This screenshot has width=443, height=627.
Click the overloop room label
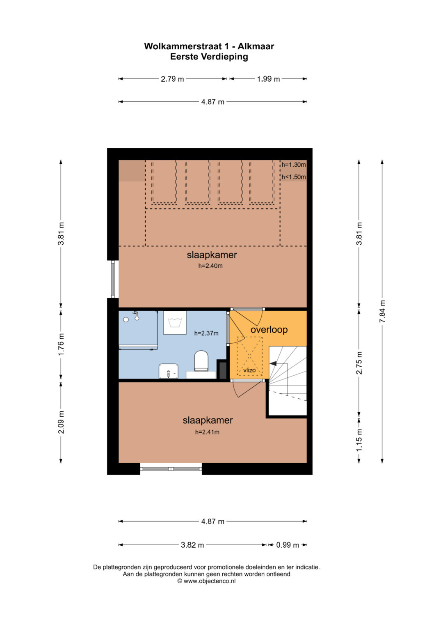coord(269,329)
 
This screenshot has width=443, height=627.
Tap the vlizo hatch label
coord(249,370)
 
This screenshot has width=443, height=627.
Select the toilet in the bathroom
coord(201,361)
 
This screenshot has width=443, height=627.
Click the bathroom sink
coord(169,371)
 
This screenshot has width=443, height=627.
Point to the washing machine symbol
coord(175,322)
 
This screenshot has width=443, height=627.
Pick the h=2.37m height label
coord(206,333)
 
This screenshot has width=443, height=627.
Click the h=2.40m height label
coord(210,266)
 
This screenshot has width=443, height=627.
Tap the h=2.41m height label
coord(207,432)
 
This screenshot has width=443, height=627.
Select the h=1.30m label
coord(293,165)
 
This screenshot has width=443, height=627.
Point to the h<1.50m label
coord(293,177)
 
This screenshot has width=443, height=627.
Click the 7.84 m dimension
coord(382,311)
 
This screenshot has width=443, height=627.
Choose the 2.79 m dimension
coord(172,79)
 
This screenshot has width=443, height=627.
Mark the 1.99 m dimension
coord(268,79)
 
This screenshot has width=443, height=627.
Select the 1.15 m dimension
coord(359,440)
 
